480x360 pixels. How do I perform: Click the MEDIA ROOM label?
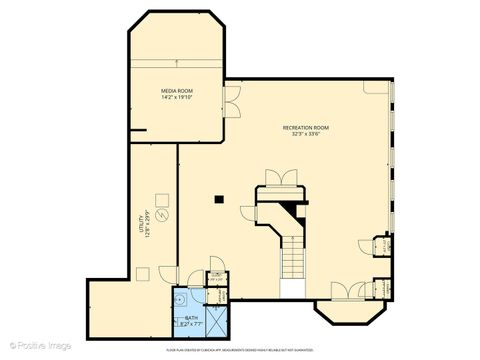point(177,91)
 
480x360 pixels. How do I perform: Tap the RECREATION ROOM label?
point(305,129)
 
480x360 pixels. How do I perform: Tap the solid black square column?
point(216,199)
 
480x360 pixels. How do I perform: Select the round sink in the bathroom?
point(179,297)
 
